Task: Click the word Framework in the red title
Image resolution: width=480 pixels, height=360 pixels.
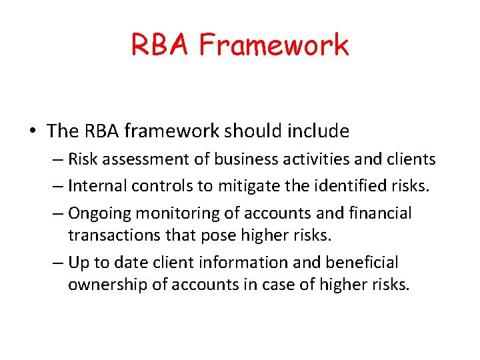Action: [x=274, y=45]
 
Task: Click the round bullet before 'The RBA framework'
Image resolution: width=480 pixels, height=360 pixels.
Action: [x=33, y=131]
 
